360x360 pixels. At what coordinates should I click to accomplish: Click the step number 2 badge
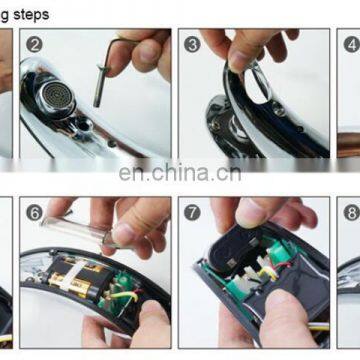36,44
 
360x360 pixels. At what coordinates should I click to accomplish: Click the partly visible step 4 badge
351,44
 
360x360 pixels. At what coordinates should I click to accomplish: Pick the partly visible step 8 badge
351,211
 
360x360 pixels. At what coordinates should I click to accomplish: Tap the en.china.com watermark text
179,172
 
